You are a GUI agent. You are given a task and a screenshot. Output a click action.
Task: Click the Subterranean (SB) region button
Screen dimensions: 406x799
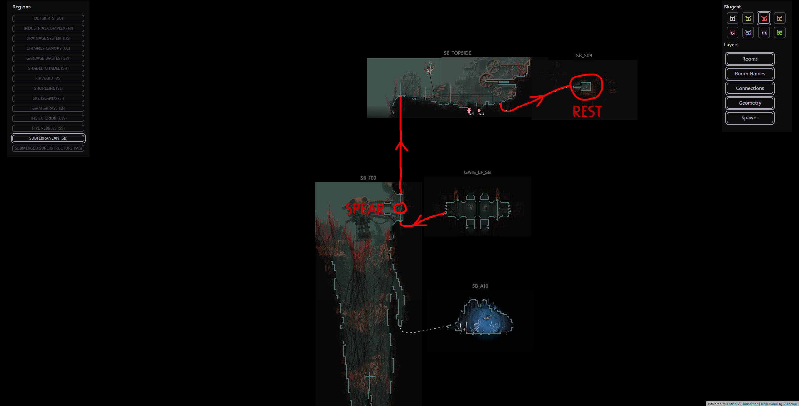48,138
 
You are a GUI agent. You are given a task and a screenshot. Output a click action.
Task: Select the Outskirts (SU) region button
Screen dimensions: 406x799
48,18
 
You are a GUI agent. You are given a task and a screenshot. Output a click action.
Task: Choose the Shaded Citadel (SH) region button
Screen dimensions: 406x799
48,68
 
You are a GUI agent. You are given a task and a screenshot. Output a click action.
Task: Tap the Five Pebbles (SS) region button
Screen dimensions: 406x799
48,128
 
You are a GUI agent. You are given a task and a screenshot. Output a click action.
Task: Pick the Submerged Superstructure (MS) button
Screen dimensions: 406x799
48,148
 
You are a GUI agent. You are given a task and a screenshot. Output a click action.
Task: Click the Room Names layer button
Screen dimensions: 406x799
750,74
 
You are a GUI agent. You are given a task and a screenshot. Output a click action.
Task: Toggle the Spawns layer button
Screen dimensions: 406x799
750,118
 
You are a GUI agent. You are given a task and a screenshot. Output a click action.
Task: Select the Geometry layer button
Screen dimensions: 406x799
750,103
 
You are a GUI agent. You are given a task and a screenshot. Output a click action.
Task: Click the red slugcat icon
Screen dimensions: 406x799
764,18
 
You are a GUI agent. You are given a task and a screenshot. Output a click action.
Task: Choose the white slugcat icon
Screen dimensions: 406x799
732,18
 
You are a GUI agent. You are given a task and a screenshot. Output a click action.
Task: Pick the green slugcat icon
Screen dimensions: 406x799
779,33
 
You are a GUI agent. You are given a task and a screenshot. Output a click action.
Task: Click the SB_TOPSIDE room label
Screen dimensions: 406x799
457,53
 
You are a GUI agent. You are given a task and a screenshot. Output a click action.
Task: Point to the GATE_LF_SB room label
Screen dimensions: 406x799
477,172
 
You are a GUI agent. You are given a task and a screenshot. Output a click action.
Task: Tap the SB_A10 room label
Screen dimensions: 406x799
480,286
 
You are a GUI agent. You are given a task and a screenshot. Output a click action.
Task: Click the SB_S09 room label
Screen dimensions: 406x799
584,56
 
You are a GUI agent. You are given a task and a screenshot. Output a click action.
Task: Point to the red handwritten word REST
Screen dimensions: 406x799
587,112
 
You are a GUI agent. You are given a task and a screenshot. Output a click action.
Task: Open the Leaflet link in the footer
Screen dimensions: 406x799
732,404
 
